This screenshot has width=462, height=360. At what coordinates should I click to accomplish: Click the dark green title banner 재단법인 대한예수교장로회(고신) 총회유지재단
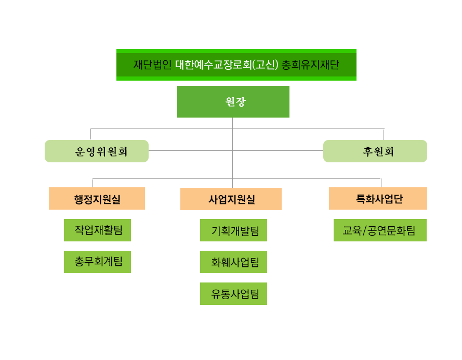[236, 65]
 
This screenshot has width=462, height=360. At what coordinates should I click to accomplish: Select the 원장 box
[233, 102]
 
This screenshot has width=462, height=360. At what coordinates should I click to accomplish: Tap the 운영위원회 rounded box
[97, 151]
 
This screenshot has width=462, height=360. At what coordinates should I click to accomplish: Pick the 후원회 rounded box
[375, 151]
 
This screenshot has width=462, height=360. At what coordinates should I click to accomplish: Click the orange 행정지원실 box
[97, 198]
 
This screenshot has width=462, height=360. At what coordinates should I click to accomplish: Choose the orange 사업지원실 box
[231, 199]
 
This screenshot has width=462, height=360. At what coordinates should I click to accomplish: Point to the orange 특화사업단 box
[378, 198]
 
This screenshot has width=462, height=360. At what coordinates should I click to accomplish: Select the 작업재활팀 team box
[98, 230]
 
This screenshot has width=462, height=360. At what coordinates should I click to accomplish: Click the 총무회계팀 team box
[98, 262]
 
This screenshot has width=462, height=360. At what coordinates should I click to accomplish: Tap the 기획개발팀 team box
[234, 230]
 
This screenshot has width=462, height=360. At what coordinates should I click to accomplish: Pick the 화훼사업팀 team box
[234, 262]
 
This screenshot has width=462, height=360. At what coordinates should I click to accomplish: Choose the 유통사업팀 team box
[234, 293]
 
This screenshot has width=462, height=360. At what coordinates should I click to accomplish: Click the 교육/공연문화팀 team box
[380, 230]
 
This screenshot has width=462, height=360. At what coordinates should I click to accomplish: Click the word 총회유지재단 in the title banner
[310, 65]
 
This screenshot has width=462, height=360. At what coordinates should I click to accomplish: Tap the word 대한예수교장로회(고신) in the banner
[227, 65]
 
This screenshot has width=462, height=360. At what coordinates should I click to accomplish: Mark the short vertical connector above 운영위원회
[90, 134]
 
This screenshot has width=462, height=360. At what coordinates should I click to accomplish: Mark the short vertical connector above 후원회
[384, 134]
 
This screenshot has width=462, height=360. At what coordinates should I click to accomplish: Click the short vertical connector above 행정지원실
[92, 183]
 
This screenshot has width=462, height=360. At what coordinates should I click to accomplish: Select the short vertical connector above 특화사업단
[381, 183]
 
